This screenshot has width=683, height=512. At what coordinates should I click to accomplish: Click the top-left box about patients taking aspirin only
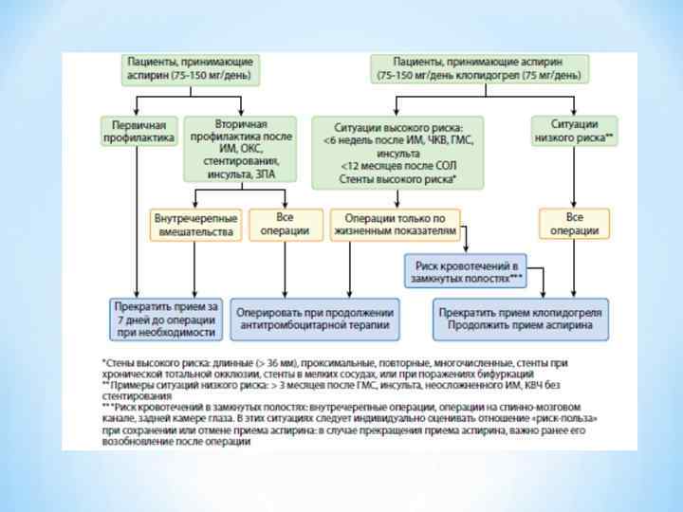(191, 67)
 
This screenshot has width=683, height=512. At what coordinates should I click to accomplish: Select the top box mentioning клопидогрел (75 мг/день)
(478, 67)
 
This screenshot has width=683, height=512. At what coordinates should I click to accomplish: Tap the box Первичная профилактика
(138, 131)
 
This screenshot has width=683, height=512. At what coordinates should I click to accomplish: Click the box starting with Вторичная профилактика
(240, 149)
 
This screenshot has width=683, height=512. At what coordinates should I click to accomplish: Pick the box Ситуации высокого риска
(397, 152)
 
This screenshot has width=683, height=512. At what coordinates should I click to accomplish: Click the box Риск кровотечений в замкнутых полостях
(464, 271)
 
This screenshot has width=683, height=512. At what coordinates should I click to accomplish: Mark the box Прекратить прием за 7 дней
(167, 320)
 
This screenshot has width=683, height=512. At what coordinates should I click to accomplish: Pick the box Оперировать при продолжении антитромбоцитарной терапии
(314, 320)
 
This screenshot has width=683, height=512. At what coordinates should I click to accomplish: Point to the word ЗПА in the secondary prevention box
(267, 174)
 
